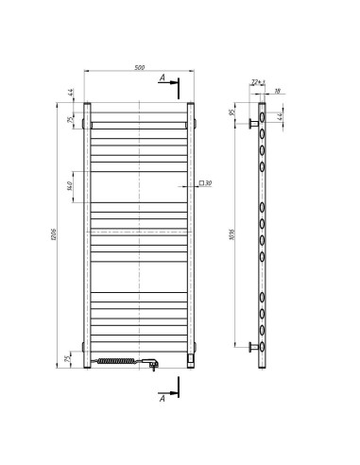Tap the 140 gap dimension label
[x=74, y=186]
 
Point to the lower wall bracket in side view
[x=253, y=347]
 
